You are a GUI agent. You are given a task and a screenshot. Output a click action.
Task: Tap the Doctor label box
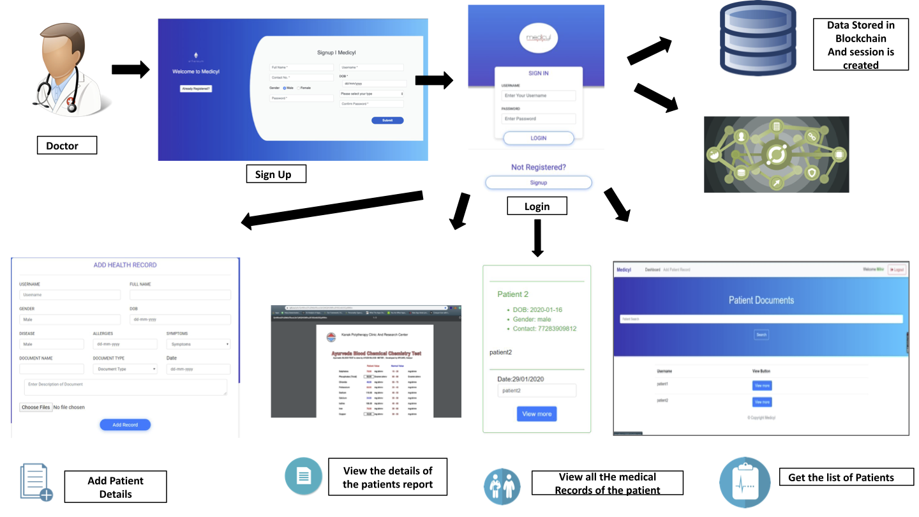pos(66,146)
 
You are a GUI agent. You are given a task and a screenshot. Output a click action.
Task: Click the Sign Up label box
pos(276,174)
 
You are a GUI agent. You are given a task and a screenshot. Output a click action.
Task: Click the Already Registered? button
pos(196,89)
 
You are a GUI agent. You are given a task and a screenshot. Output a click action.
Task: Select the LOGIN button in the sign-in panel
pos(538,138)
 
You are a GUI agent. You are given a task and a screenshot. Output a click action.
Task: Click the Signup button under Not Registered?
pos(538,183)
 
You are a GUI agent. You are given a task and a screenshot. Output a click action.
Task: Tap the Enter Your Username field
pos(538,96)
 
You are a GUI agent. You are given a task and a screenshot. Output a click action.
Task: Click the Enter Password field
pos(538,119)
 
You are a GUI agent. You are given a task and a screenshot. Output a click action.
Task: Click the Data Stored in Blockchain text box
pos(860,45)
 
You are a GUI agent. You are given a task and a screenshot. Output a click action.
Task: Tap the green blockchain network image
pos(776,154)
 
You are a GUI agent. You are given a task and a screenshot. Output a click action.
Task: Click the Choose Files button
pos(36,407)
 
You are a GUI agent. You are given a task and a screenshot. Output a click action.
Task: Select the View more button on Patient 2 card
pos(537,414)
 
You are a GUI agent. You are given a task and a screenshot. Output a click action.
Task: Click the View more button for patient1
pos(762,386)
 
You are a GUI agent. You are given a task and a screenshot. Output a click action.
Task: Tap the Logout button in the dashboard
pos(897,270)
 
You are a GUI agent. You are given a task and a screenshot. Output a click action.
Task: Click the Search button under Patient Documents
pos(761,334)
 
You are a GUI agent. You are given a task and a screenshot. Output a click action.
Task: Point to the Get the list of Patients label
pos(841,477)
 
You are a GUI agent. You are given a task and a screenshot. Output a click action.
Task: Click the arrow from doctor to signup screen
pos(130,70)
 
